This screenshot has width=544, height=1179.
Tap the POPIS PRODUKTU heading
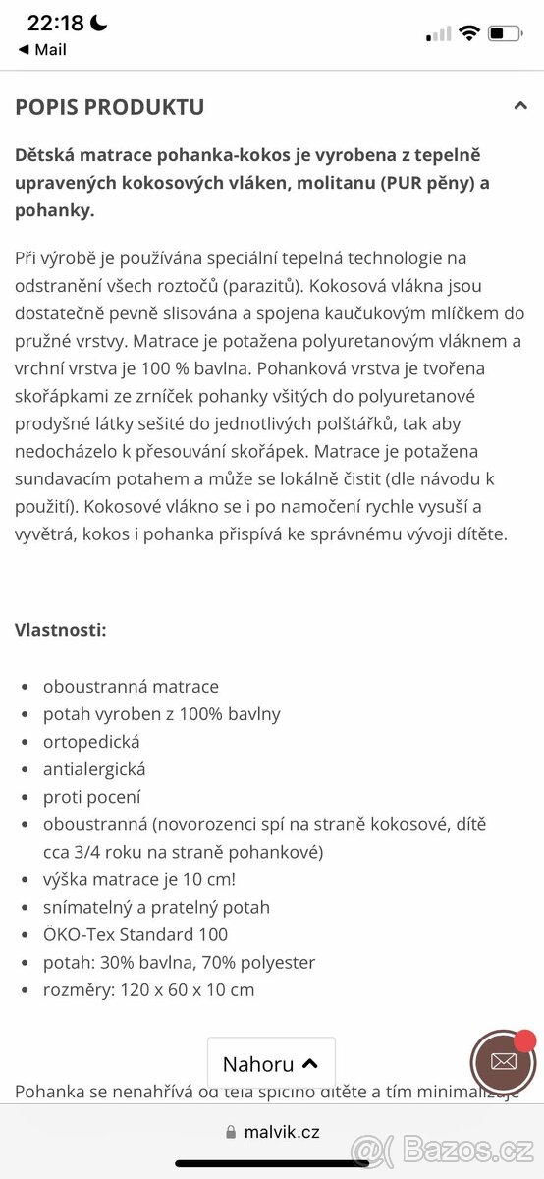(110, 107)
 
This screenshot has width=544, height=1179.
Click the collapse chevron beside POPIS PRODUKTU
(520, 106)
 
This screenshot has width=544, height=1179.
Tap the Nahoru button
(270, 1064)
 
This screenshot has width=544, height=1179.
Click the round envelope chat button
(503, 1062)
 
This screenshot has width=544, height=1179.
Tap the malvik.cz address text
(283, 1132)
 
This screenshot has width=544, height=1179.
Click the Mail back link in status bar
(42, 50)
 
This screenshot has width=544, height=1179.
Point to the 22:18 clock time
(54, 24)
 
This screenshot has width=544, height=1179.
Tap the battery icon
(505, 33)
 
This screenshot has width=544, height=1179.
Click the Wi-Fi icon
(468, 33)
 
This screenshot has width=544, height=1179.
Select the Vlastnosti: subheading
(61, 630)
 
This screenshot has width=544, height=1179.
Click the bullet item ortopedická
(91, 742)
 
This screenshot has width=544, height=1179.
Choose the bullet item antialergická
(94, 769)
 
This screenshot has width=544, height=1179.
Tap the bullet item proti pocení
(92, 797)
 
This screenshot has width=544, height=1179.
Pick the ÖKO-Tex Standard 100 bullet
(136, 934)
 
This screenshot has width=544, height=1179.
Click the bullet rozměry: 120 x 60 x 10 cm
(148, 989)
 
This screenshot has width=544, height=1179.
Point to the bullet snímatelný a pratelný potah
(156, 907)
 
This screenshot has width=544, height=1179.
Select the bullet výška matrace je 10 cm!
(139, 879)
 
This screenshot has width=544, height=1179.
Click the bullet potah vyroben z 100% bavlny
(162, 714)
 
